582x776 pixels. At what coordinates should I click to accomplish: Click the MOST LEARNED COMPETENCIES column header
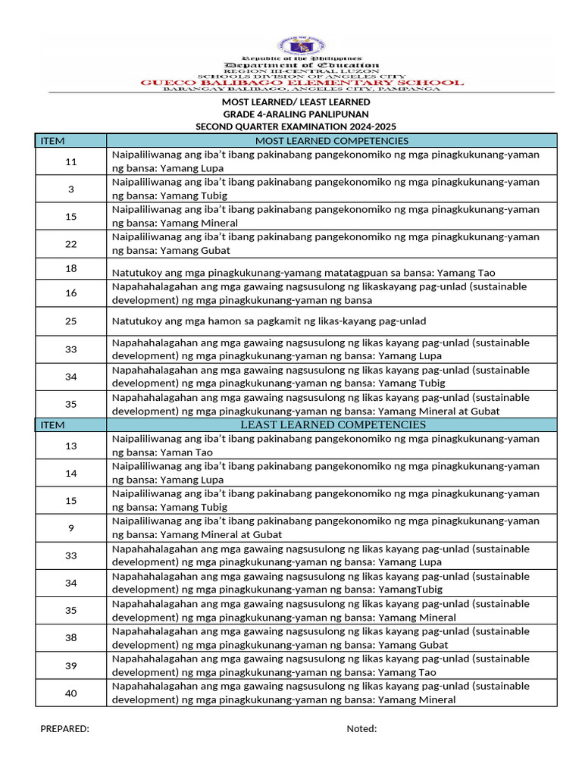[x=332, y=141]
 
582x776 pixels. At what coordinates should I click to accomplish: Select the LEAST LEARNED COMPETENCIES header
[x=333, y=424]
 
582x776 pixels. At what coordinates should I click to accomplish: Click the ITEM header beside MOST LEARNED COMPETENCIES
[x=52, y=141]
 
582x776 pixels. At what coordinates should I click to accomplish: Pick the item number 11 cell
[x=71, y=162]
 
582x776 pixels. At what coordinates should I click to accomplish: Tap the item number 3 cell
[x=71, y=189]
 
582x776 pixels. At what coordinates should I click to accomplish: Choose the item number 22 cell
[x=71, y=244]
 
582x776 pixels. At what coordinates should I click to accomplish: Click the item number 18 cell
[x=71, y=269]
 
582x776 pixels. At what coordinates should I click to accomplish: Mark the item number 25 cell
[x=71, y=321]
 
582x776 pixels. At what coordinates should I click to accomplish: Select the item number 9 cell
[x=71, y=527]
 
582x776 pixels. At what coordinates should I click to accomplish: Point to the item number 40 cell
[x=71, y=693]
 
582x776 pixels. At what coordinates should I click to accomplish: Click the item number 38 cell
[x=71, y=638]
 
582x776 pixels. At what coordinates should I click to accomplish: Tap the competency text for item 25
[x=269, y=321]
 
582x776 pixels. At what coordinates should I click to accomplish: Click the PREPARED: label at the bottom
[x=64, y=729]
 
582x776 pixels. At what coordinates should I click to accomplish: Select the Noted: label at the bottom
[x=361, y=729]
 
